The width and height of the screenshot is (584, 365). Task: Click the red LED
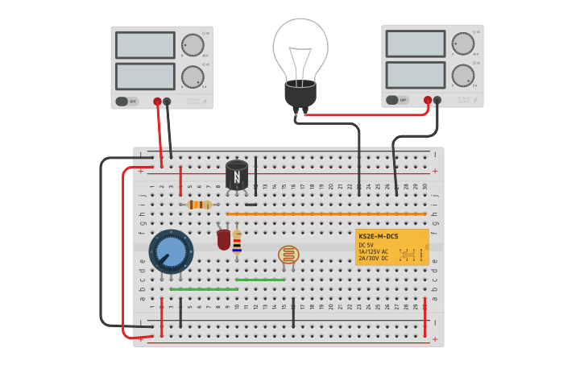tap(224, 239)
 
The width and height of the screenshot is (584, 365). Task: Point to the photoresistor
tap(287, 255)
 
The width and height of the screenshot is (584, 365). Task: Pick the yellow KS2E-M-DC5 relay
tap(392, 247)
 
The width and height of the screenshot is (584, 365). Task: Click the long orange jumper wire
tap(326, 214)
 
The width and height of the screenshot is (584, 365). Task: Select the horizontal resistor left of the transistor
tap(199, 205)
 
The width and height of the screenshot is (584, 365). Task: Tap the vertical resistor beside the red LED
tap(237, 240)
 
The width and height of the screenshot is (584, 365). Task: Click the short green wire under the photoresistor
tap(259, 280)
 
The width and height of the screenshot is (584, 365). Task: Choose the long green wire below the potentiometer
tap(204, 288)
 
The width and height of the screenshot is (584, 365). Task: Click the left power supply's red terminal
tap(157, 102)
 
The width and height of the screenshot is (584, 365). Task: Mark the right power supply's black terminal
tap(437, 101)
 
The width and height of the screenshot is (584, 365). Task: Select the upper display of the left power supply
tap(145, 45)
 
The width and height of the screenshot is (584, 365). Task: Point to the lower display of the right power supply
tap(415, 75)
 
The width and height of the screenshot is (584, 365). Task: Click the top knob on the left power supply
tap(193, 44)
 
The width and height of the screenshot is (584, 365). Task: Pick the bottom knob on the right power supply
tap(463, 75)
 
